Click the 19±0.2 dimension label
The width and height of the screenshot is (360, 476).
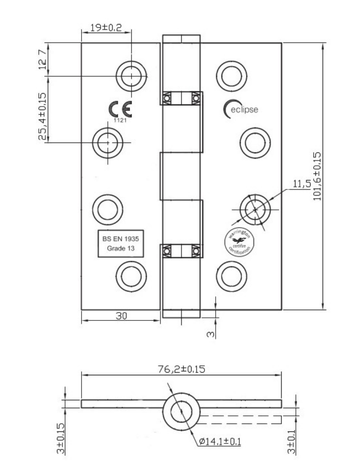click(106, 28)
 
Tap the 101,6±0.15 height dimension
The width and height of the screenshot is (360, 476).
click(317, 176)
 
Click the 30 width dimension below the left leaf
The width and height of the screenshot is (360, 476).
click(121, 316)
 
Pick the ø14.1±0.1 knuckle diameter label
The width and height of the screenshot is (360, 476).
click(220, 442)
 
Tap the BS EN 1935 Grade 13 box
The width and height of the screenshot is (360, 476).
click(122, 244)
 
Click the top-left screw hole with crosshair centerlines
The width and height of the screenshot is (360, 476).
click(132, 76)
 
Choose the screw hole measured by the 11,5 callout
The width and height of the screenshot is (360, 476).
click(254, 209)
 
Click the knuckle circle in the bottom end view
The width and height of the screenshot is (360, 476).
click(181, 409)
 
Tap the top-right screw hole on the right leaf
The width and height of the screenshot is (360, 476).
click(232, 75)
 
